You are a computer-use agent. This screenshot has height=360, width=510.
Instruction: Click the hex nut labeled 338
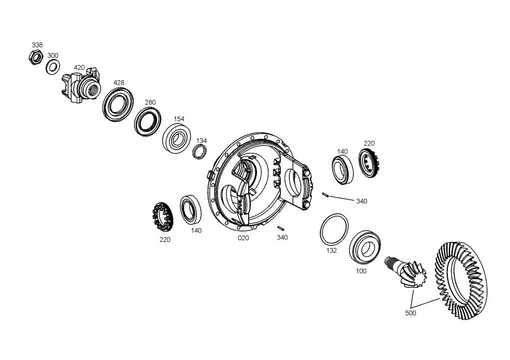[x=35, y=57]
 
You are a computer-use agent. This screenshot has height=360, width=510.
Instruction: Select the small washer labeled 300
[x=53, y=66]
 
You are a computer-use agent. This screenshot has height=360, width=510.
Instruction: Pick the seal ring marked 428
[x=118, y=104]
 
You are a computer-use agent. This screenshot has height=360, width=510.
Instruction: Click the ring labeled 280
[x=148, y=121]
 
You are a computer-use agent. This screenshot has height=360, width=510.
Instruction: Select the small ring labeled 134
[x=200, y=151]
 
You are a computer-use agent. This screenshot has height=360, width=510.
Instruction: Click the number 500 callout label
[x=410, y=313]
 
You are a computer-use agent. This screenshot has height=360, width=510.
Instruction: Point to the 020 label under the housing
[x=243, y=238]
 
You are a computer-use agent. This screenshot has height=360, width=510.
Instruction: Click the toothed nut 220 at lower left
[x=162, y=217]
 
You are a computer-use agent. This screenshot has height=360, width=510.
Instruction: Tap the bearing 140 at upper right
[x=343, y=168]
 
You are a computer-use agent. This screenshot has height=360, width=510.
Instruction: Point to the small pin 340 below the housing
[x=280, y=228]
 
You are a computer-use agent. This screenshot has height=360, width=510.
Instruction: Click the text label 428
[x=119, y=83]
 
